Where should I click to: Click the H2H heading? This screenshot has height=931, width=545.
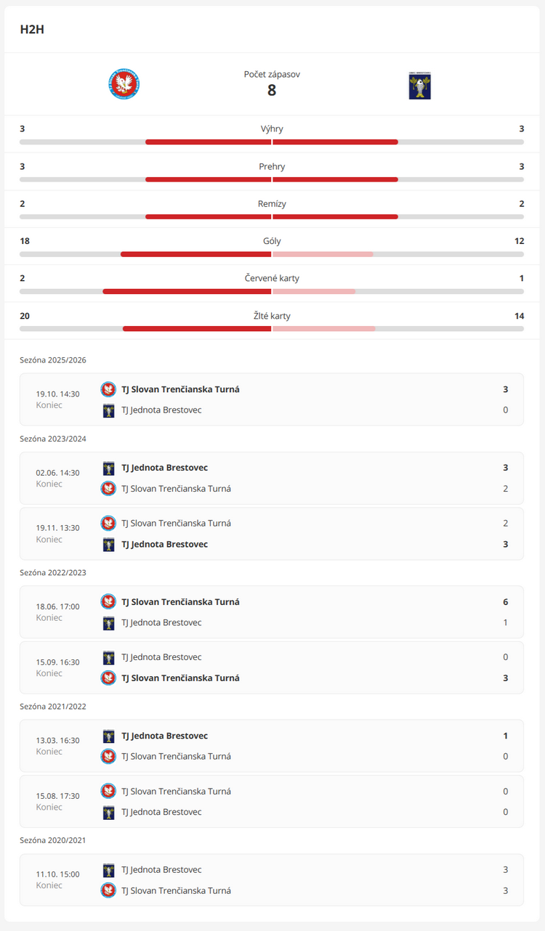33,30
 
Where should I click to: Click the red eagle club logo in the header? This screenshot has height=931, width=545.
124,84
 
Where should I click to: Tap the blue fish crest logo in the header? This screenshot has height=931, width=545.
419,85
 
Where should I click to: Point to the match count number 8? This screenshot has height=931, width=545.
272,91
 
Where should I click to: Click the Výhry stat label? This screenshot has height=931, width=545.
272,129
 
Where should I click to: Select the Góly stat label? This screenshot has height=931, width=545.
272,241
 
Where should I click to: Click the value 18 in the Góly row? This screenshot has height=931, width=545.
25,241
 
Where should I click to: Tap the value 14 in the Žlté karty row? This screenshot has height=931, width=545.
519,316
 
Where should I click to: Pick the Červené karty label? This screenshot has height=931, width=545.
272,278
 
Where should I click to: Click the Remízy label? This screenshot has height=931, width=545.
272,204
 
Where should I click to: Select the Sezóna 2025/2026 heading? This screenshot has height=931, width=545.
53,360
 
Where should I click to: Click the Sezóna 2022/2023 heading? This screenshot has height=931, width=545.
53,572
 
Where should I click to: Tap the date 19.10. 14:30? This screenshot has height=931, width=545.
58,394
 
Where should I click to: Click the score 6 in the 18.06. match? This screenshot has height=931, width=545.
505,602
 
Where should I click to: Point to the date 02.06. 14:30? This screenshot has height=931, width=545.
58,473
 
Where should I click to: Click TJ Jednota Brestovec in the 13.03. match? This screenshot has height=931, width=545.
164,736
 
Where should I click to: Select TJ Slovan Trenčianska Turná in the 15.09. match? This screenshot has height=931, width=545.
180,678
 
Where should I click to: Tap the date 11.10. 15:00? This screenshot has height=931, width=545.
58,874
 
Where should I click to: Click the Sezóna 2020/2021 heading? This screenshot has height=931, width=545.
53,840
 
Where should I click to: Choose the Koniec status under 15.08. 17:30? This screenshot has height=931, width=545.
49,807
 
